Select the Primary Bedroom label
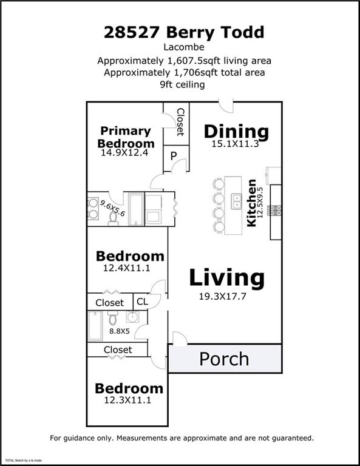[126, 137]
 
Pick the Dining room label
[236, 131]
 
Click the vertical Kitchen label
[251, 203]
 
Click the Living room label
[226, 278]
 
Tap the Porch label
[224, 359]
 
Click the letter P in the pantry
[173, 157]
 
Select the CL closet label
[142, 302]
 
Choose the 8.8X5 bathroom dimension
[120, 332]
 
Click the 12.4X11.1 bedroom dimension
[129, 268]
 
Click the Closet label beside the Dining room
[180, 122]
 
